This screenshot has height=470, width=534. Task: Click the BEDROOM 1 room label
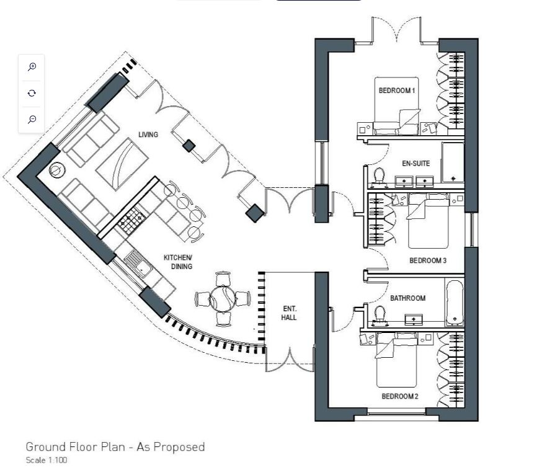point(396,91)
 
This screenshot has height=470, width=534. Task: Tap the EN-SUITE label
point(416,164)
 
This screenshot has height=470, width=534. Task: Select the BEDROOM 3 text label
point(427,261)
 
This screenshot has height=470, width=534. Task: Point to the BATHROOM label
point(407,298)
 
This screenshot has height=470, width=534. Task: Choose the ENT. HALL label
point(289,313)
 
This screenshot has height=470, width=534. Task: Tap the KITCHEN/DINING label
point(177,262)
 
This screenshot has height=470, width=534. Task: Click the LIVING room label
point(148,135)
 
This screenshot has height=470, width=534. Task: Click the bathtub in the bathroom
point(455,302)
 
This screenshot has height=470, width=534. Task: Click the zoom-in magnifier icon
point(32,67)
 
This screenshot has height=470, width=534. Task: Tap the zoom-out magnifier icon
point(32,119)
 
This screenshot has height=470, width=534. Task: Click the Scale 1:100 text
point(46,460)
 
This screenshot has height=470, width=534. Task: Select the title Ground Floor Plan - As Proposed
point(115,446)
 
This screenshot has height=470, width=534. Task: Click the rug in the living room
point(122,162)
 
